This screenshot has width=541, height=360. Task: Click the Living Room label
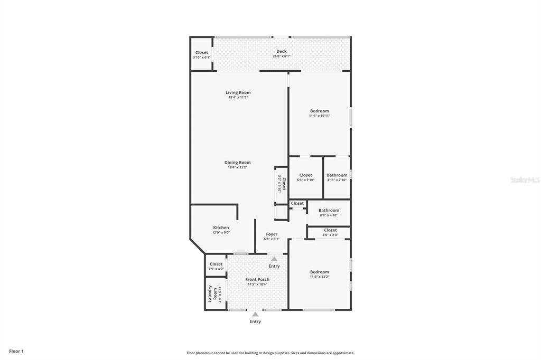pyautogui.click(x=238, y=92)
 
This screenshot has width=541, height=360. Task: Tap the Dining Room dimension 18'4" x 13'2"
pyautogui.click(x=238, y=167)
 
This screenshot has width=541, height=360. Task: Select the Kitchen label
pyautogui.click(x=221, y=228)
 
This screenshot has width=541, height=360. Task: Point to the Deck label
pyautogui.click(x=281, y=51)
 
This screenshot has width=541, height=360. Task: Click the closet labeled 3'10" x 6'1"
pyautogui.click(x=201, y=54)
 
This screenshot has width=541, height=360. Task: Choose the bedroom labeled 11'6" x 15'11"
pyautogui.click(x=319, y=113)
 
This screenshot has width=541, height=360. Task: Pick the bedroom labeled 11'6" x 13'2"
pyautogui.click(x=319, y=274)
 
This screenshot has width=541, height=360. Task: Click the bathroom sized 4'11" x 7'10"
pyautogui.click(x=337, y=177)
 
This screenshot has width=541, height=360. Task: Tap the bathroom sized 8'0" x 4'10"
pyautogui.click(x=329, y=212)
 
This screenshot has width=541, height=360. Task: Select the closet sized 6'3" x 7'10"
pyautogui.click(x=305, y=177)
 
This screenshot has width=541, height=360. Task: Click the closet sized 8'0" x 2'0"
pyautogui.click(x=330, y=232)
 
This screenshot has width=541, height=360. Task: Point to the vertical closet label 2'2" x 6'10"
pyautogui.click(x=282, y=184)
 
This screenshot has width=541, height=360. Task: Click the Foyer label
pyautogui.click(x=272, y=236)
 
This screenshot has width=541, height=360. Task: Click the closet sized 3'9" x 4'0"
pyautogui.click(x=216, y=266)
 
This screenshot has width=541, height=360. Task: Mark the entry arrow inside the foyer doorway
pyautogui.click(x=274, y=259)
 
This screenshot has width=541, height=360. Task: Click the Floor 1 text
pyautogui.click(x=16, y=351)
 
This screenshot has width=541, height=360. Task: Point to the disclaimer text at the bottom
pyautogui.click(x=270, y=353)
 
